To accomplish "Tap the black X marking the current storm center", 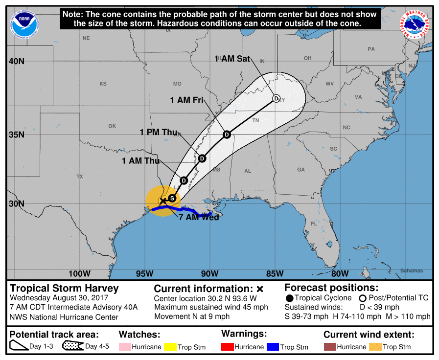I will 163,201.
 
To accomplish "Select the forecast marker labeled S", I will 172,198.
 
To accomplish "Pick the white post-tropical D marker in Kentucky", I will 276,98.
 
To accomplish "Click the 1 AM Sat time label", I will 232,59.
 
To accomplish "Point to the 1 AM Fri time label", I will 186,100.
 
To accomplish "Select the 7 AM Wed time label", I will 198,217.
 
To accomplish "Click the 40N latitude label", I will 16,62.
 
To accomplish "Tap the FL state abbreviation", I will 314,224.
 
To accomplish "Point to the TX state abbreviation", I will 80,176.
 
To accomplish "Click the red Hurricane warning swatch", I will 227,347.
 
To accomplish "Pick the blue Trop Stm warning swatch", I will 273,347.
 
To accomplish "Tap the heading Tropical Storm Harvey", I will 65,288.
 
